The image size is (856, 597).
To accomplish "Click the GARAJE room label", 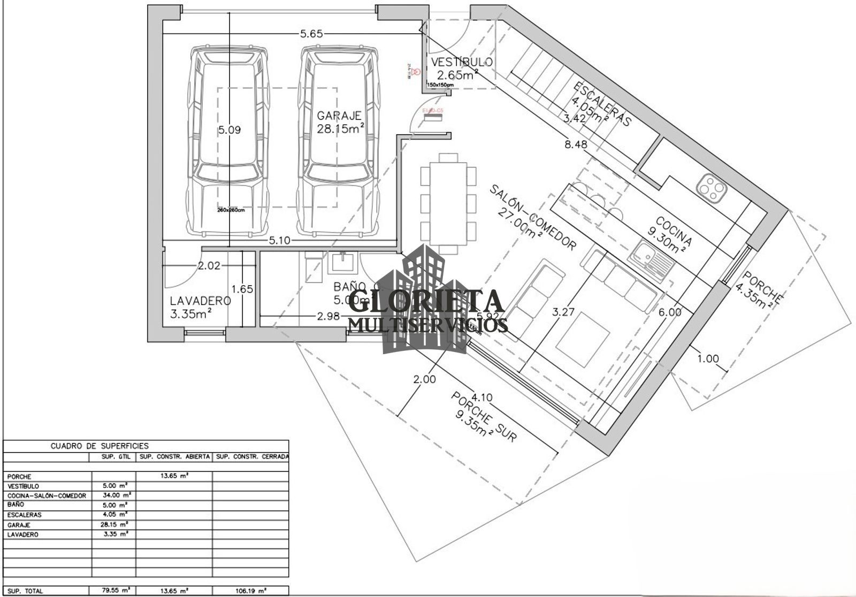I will [x=339, y=116].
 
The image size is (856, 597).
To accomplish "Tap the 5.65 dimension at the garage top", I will [x=311, y=34].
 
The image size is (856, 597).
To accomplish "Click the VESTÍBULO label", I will [x=462, y=62].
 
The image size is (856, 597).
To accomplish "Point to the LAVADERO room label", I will [x=201, y=301].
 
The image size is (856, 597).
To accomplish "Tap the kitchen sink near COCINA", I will [x=651, y=262].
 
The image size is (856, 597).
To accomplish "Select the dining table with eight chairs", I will [x=448, y=203].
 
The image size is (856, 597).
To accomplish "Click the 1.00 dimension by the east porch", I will [x=708, y=359].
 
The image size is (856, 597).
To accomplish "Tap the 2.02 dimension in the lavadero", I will [x=209, y=265].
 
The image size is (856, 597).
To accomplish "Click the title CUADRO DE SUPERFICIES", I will [x=100, y=445].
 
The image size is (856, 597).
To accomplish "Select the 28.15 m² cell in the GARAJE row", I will [x=114, y=524].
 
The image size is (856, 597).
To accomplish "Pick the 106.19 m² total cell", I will [x=250, y=591].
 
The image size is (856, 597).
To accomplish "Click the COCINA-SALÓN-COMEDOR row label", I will [x=47, y=495].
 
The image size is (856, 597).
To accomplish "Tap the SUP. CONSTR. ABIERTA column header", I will [x=174, y=457].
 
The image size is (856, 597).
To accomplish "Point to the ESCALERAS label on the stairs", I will [x=603, y=104].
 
